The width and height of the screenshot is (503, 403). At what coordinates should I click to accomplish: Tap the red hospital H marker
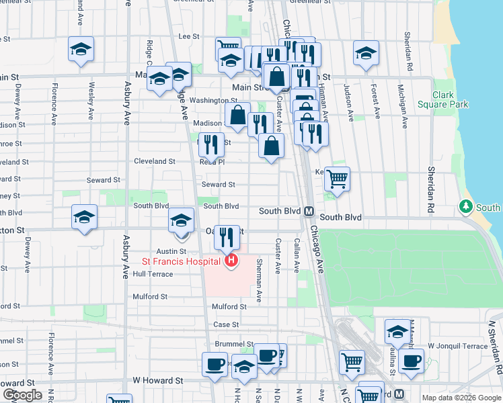point(231,261)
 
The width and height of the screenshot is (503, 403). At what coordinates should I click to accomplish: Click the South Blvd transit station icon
point(309,211)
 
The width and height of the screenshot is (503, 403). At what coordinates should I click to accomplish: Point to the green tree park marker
point(465,206)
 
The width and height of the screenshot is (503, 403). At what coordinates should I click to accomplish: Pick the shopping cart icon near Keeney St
point(337,179)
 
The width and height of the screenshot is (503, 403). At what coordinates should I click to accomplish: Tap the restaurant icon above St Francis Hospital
point(227,236)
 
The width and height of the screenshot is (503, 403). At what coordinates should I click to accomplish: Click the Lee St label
point(190,37)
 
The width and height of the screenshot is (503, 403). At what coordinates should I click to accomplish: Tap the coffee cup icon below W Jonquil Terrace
point(411,360)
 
